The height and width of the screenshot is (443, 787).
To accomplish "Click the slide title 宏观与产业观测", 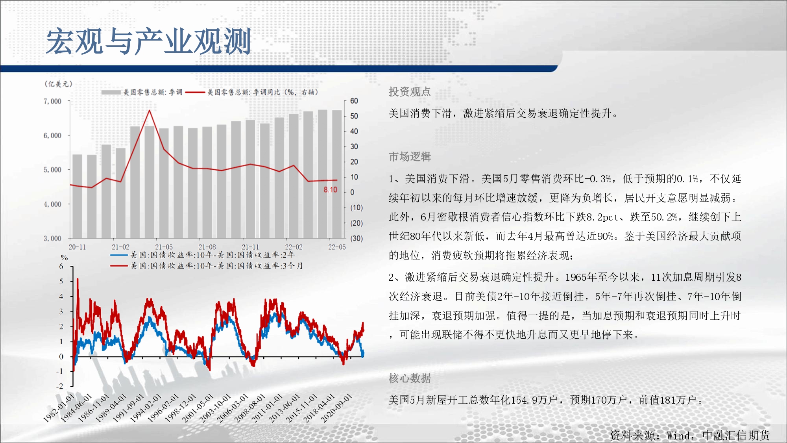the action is pos(149,41).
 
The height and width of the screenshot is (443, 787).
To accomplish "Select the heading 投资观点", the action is pos(410,92).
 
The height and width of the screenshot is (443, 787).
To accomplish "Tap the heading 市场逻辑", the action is pos(410,157).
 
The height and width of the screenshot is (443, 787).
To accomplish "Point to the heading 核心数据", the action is pos(410,378).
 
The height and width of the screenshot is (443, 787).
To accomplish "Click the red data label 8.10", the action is pos(331,190).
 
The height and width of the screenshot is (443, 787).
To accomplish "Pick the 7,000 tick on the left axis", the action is pos(52,101).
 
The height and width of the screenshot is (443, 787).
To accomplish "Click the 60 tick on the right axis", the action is pos(354,101).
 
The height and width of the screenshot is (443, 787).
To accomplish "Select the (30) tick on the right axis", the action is pos(357,238).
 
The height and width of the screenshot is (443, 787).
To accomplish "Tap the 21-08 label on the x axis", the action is pos(207,247).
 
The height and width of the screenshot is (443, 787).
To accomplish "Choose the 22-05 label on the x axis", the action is pos(337,247).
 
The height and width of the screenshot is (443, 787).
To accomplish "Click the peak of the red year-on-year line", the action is pos(150,110).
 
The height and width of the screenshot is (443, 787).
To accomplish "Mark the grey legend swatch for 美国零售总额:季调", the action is pos(111,92).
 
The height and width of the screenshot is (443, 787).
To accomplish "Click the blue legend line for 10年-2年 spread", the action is pos(119,255).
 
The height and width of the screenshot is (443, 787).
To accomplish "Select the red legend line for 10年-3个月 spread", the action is pos(119,266).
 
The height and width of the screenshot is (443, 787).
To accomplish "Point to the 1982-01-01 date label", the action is pos(59,408).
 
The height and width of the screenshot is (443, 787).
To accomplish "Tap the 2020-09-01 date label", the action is pos(336,408).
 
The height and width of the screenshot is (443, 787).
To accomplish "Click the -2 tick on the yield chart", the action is pos(59,386).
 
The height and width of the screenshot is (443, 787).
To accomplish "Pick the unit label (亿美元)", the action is pos(58,84).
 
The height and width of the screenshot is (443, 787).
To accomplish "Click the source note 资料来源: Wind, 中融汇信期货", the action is pos(690,435).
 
